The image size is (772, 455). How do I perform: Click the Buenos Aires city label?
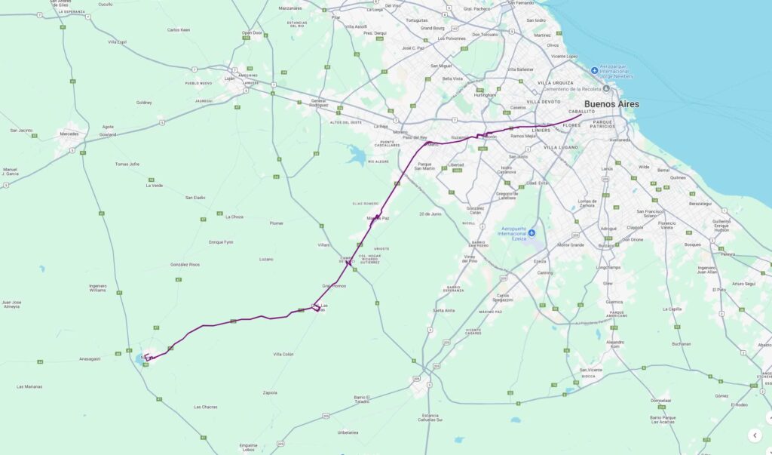coord(611,104)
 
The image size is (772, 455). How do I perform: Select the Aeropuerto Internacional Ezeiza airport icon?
coord(532,232)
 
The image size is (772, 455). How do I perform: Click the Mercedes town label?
coord(69,134)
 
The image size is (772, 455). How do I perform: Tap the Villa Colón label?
coord(283,353)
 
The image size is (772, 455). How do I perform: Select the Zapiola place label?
coord(269,392)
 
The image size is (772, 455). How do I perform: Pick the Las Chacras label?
coord(205,407)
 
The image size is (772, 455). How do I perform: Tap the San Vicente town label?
coord(590,370)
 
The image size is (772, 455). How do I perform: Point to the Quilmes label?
coord(678,177)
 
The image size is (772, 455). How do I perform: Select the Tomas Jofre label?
coord(127,164)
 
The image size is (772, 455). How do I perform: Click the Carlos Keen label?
coord(179,29)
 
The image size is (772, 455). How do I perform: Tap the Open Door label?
coord(252,32)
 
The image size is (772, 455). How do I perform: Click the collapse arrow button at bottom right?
coord(755,435)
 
